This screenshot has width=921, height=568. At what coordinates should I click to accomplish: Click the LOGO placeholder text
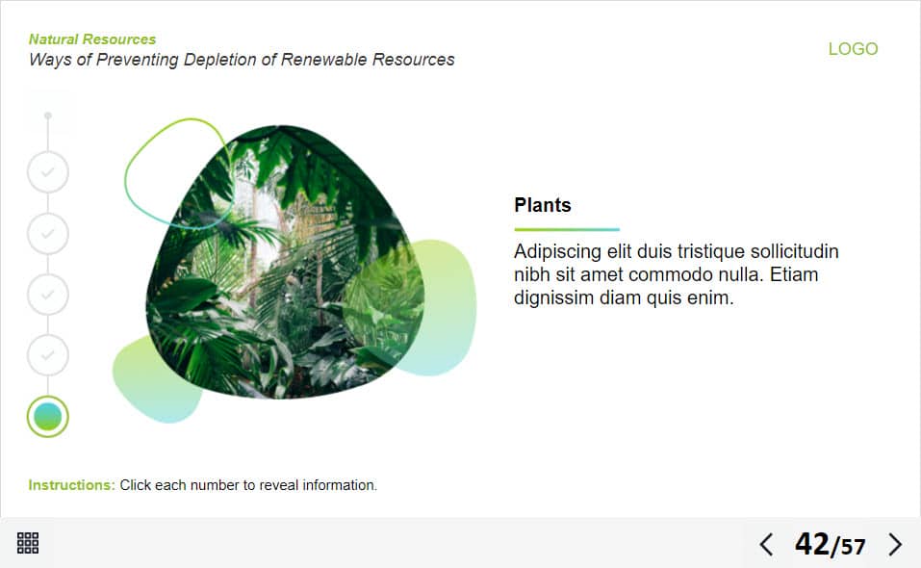pos(853,49)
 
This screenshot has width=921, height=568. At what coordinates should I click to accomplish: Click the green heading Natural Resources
pos(92,39)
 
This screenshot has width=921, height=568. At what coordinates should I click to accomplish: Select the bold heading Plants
pos(542,205)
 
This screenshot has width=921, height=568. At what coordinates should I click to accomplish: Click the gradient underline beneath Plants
pos(567,229)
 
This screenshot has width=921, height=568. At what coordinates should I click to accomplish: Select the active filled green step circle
pos(47,417)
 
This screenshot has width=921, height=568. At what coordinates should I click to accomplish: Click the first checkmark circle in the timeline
pos(47,172)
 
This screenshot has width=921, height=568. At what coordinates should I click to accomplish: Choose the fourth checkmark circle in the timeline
pos(47,355)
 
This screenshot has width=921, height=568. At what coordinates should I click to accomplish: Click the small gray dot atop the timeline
pos(47,116)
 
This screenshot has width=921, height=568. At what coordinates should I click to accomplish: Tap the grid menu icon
pos(28,543)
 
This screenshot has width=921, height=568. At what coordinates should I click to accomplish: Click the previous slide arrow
pos(766,545)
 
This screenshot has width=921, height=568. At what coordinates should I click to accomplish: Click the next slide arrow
pos(895,545)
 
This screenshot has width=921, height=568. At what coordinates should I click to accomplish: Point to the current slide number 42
pos(812,544)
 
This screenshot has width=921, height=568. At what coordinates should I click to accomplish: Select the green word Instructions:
pos(71,485)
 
